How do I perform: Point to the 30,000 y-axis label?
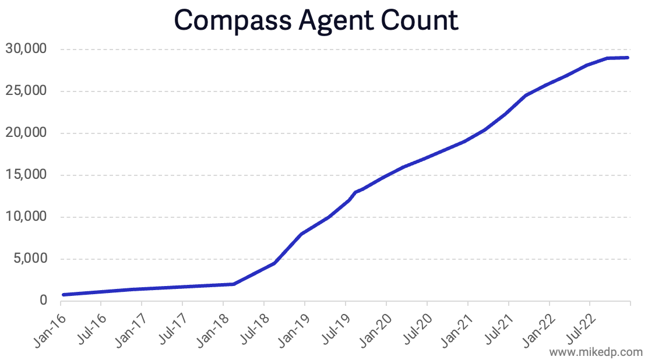coord(26,49)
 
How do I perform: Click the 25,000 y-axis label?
coord(26,91)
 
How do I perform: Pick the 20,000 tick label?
coord(26,133)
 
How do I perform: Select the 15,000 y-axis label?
coord(26,175)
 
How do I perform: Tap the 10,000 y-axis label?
coord(26,217)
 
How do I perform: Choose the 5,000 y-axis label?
coord(30,259)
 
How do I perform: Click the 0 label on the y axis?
coord(43,301)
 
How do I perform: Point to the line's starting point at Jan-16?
coord(63,295)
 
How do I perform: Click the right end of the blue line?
coord(628,58)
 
